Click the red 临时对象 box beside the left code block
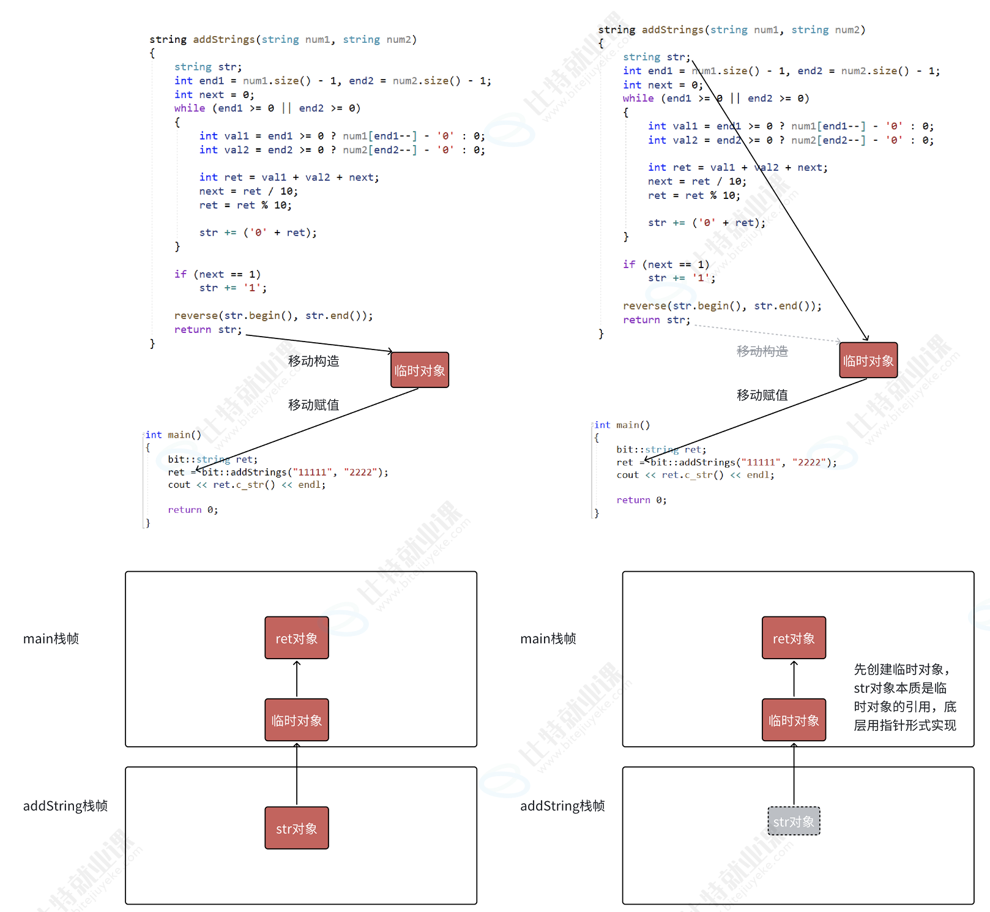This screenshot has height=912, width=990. coord(420,370)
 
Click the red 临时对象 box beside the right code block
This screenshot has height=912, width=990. coord(868,361)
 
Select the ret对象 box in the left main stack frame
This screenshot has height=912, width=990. coord(297,638)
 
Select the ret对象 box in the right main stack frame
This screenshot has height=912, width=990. coord(794,638)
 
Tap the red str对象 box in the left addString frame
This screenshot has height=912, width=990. coord(297,828)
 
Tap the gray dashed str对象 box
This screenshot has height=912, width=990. coord(794,821)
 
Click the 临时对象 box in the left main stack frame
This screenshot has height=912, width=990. coord(297,720)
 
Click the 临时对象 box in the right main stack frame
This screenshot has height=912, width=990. coord(794,720)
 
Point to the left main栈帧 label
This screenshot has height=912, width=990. coord(51,638)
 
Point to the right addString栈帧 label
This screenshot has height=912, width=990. coord(562,805)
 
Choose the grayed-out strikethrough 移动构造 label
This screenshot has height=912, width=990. coord(762,351)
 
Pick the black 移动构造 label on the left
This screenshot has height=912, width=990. coord(313,361)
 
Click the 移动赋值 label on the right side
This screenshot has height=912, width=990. coord(762,395)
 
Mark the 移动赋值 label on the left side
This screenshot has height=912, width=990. coord(313,405)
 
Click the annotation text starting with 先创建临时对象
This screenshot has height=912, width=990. coord(904,697)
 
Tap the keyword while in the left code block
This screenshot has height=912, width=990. coord(190,108)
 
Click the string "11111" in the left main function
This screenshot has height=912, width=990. coord(313,472)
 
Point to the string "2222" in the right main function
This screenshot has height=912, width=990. coord(809,462)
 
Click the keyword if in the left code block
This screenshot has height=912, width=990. coord(181,274)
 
